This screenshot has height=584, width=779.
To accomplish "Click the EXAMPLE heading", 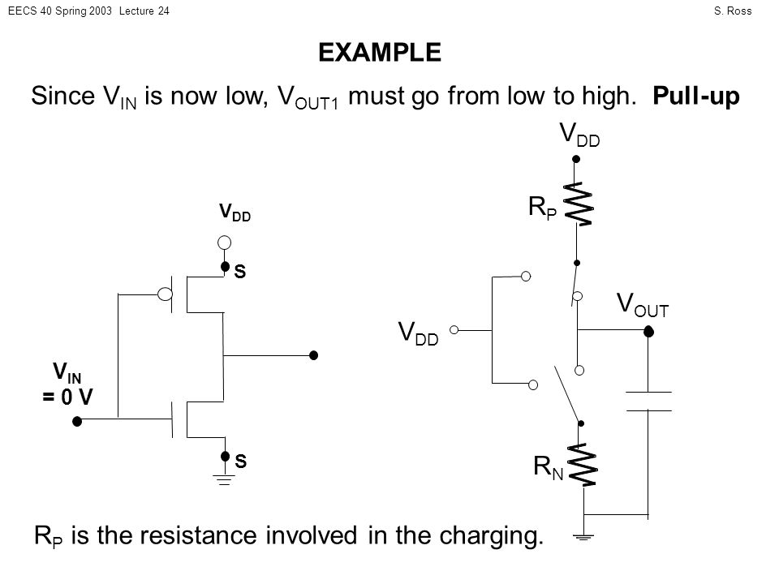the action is (x=380, y=52).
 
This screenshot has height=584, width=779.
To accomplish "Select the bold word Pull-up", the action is (x=696, y=96).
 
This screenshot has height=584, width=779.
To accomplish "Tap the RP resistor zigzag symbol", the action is (x=579, y=204).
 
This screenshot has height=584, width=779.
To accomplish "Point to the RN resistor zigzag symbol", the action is (x=583, y=465).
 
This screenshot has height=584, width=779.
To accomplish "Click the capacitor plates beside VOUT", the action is (x=648, y=401).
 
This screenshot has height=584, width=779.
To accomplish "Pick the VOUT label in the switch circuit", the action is (x=643, y=304).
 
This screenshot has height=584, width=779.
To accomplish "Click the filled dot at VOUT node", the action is (x=648, y=331).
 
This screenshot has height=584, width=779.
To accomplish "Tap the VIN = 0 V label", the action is (x=67, y=384).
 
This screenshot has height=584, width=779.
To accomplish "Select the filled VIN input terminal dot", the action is (x=77, y=421).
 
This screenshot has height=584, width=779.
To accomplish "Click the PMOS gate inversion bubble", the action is (x=165, y=294).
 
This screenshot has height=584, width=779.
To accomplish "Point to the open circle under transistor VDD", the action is (x=224, y=243).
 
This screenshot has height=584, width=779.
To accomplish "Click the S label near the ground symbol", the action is (x=240, y=461).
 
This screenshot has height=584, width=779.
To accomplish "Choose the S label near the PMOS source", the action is (x=240, y=271).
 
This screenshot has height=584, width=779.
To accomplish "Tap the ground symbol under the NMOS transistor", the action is (x=224, y=479).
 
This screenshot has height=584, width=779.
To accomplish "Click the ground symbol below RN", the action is (x=583, y=537).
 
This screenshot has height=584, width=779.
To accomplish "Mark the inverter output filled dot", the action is (x=313, y=355).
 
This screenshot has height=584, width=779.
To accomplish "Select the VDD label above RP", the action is (x=579, y=134).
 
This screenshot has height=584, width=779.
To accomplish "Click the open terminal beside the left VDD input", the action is (x=454, y=330).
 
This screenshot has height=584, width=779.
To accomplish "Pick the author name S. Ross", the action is (x=733, y=11).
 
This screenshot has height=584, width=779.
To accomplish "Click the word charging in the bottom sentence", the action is (x=492, y=536).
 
